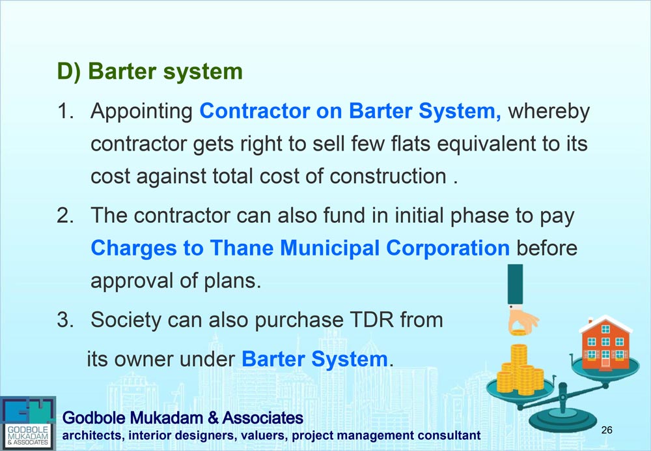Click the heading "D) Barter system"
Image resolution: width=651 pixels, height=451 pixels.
click(x=150, y=72)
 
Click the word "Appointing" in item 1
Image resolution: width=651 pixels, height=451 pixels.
click(x=141, y=112)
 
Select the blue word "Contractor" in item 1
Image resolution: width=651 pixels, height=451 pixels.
click(x=255, y=111)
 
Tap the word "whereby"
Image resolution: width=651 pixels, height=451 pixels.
click(x=549, y=112)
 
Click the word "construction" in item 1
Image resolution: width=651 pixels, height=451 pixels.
click(x=388, y=176)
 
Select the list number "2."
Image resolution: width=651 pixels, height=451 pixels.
click(x=66, y=215)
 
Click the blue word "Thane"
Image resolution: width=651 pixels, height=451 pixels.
click(x=242, y=248)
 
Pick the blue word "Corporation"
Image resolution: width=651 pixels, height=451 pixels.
click(x=448, y=248)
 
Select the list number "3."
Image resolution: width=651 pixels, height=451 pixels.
click(x=66, y=320)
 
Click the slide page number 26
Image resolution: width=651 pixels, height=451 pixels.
click(x=607, y=429)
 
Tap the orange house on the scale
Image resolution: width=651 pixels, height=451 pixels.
click(x=605, y=343)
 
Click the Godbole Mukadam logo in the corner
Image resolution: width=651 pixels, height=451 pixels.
click(x=28, y=423)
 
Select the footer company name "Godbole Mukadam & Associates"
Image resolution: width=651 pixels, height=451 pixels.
click(x=183, y=418)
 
